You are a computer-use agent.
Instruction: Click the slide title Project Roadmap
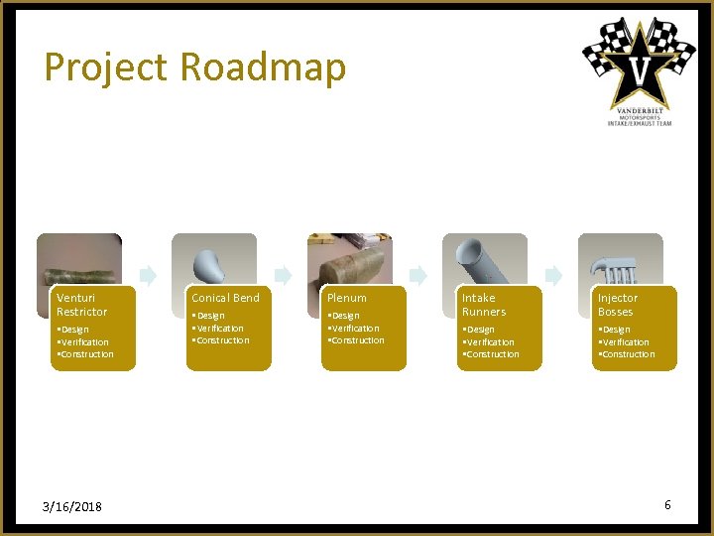(x=195, y=67)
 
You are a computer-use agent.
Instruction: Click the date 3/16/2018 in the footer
(x=73, y=506)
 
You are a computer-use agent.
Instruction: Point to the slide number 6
(x=667, y=505)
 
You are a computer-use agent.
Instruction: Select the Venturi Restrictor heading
(x=82, y=305)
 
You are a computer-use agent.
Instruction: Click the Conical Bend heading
(x=225, y=298)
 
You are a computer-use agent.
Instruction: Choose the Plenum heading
(x=347, y=298)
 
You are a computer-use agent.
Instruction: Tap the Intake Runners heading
(x=483, y=305)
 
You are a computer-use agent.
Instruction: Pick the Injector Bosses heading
(x=618, y=305)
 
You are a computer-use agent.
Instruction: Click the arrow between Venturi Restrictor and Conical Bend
(x=147, y=274)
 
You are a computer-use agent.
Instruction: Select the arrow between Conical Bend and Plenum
(x=283, y=274)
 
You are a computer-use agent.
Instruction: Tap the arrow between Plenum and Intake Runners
(x=418, y=274)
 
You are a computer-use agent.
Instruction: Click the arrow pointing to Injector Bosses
(x=553, y=274)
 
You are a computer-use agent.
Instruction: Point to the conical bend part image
(x=213, y=261)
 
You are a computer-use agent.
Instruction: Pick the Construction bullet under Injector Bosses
(x=628, y=354)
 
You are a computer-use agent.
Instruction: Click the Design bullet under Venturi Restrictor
(x=73, y=330)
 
